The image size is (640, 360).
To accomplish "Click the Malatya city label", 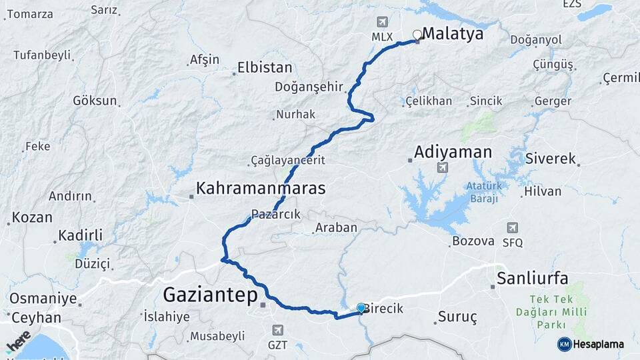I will [453, 34].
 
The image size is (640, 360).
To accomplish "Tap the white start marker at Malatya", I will [417, 35].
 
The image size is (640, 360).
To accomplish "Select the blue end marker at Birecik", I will [361, 307].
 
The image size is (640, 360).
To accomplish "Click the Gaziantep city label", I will [210, 293].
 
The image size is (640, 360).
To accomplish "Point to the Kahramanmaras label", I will [261, 189].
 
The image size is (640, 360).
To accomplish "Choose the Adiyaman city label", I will [453, 152].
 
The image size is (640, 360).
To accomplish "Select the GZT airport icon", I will [279, 330].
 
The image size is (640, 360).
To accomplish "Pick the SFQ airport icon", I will [512, 228].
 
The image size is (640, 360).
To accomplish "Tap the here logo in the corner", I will [19, 341].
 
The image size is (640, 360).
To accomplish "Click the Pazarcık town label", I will [276, 215].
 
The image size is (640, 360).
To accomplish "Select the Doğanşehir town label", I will [309, 87].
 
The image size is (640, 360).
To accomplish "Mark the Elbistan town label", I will [265, 67].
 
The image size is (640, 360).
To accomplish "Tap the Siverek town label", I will [550, 159].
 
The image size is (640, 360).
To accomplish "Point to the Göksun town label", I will [95, 101].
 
